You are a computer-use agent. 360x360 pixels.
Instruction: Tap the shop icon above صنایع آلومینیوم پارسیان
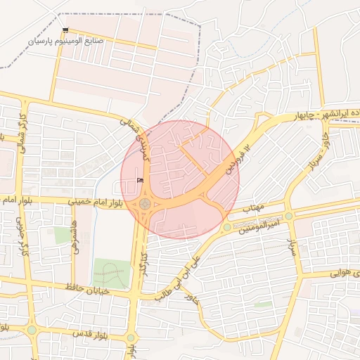tap(65, 30)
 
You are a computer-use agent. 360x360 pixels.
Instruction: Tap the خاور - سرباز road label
tap(319, 154)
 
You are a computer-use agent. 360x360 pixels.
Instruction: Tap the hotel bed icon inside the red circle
tap(139, 181)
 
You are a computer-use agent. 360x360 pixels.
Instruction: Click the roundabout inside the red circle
tap(146, 204)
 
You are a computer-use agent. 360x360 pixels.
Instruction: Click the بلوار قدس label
tap(84, 331)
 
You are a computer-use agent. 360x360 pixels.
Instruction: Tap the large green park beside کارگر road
tap(111, 273)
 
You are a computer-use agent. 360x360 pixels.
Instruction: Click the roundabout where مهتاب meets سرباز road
tap(289, 216)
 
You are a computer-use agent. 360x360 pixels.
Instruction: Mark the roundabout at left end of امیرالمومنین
tap(227, 227)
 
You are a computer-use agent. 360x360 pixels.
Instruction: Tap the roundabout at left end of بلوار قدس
tap(31, 329)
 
